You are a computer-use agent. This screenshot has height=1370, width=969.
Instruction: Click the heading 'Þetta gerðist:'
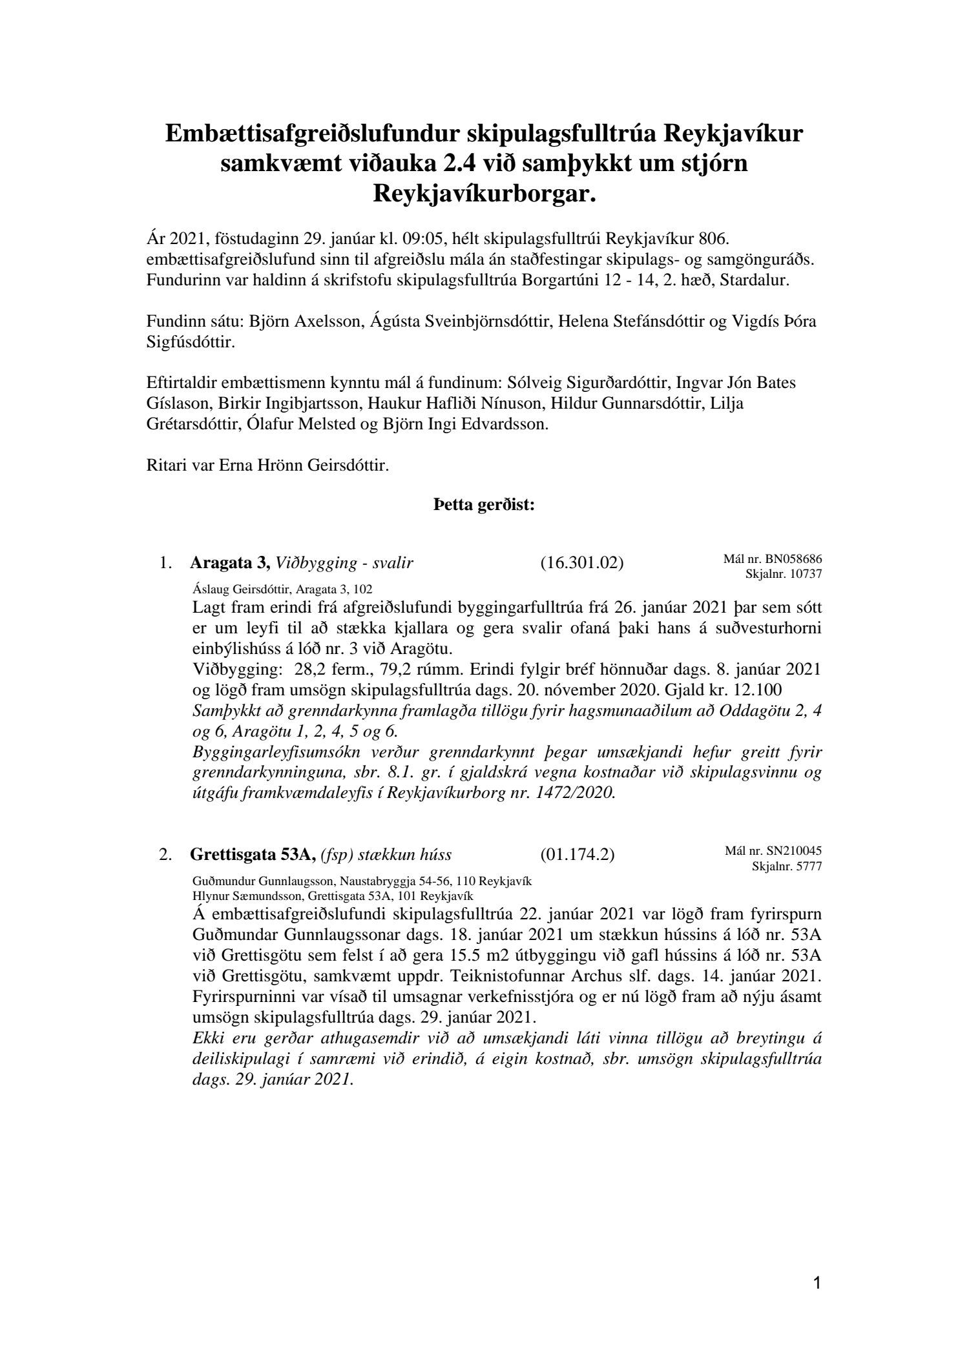(484, 506)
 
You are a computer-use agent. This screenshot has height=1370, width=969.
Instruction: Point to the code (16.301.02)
(581, 563)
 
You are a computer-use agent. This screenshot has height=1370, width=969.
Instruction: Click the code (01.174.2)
(577, 855)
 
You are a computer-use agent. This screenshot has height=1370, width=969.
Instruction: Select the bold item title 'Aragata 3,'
(230, 563)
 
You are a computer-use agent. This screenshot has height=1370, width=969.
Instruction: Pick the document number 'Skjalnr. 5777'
(787, 866)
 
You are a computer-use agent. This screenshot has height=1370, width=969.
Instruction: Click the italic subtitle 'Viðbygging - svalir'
(344, 563)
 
